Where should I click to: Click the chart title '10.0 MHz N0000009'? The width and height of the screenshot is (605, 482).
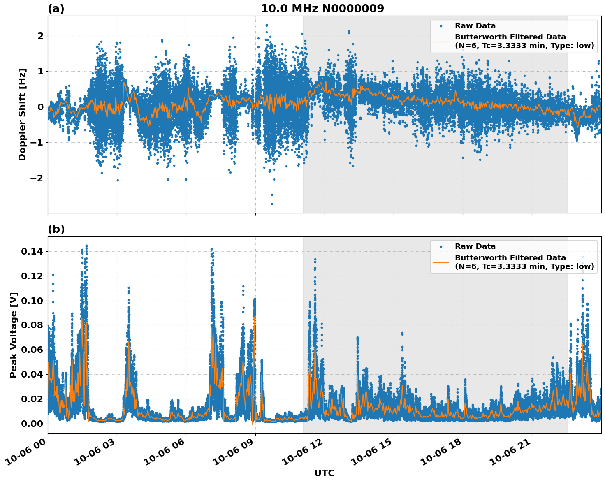click(x=322, y=9)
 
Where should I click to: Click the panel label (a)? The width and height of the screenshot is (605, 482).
click(x=56, y=9)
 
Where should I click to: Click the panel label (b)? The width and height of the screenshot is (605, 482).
click(x=56, y=229)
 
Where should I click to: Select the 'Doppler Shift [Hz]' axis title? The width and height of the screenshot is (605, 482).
click(x=22, y=114)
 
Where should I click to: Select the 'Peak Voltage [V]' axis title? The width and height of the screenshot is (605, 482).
click(x=14, y=335)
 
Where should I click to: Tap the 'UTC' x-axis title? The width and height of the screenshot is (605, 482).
click(x=324, y=473)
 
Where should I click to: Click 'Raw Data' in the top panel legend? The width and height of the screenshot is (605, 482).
click(x=475, y=26)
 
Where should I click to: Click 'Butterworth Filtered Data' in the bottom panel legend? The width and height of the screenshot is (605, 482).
click(x=510, y=258)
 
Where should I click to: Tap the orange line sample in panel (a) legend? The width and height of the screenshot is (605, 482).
click(x=441, y=41)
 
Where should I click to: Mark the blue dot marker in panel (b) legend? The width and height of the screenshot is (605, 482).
click(x=441, y=246)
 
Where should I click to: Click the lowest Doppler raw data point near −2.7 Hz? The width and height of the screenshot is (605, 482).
click(x=272, y=204)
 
